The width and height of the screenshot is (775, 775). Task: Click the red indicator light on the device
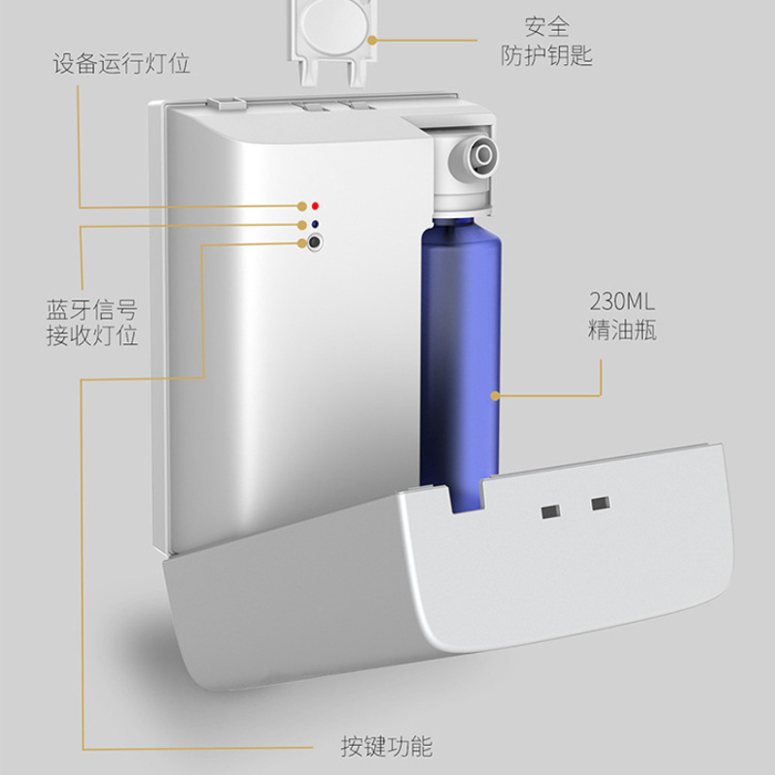pos(316,206)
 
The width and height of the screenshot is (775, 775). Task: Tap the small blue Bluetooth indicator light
pos(316,226)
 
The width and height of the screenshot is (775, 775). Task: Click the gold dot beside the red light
pos(301,206)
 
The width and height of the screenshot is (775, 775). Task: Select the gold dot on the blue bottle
pos(494,395)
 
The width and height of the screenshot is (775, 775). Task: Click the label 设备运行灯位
pos(121,66)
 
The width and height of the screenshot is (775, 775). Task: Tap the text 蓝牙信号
pos(92,310)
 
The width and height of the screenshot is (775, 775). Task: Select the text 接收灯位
pos(92,336)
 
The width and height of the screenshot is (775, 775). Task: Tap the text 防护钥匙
pos(546,57)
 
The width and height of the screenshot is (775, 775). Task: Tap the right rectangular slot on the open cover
pos(601,504)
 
